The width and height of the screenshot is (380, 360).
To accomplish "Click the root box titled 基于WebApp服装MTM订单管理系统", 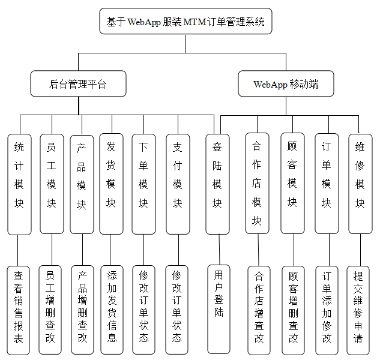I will tap(185, 22).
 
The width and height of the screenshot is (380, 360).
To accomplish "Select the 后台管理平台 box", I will tap(78, 84).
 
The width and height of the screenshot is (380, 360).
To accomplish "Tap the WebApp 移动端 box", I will tap(286, 84).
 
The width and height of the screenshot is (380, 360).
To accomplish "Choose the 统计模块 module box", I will tap(19, 184).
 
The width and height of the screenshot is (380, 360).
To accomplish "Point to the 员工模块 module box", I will tap(52, 184).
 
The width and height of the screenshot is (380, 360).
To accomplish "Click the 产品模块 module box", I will tap(82, 184).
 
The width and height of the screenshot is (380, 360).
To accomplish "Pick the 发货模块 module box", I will tap(111, 184).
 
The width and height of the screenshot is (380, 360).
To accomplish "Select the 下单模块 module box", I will tap(143, 184).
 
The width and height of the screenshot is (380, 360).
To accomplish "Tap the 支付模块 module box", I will tap(177, 184).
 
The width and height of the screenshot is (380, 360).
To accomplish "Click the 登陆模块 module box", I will tap(217, 184).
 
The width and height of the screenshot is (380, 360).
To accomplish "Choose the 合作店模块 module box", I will tap(257, 184).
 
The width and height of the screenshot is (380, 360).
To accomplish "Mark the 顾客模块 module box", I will tap(292, 184).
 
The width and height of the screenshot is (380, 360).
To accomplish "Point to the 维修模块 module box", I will tap(360, 184).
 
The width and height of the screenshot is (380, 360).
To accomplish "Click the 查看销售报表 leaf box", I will tap(19, 310).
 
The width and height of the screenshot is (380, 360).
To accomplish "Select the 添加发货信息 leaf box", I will tap(112, 310).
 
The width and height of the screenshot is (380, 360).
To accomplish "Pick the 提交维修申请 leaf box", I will tap(359, 310).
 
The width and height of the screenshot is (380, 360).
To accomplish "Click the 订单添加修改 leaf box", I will tap(327, 310).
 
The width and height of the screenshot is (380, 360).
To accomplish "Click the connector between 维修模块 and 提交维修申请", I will tap(359, 250).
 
